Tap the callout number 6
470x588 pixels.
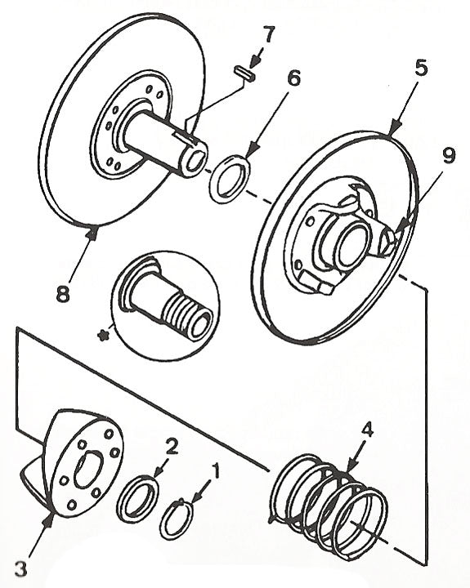(293, 79)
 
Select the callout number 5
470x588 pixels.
(420, 69)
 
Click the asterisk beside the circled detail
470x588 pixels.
(103, 335)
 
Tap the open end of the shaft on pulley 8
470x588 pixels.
(192, 160)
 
